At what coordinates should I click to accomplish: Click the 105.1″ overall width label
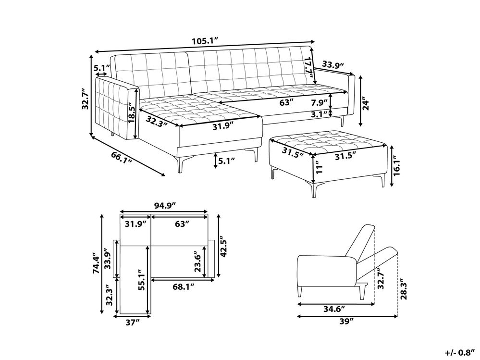coord(205,41)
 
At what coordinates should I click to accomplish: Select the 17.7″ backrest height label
coord(311,70)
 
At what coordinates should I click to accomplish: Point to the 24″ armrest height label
coord(366,103)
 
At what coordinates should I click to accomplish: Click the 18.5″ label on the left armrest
coord(132,114)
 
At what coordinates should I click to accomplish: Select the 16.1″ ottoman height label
coord(397,166)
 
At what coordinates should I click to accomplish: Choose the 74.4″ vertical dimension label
coord(97,263)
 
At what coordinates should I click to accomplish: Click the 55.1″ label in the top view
coord(141,280)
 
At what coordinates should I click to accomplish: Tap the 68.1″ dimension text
coord(184,286)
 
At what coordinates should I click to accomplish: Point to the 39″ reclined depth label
coord(346,321)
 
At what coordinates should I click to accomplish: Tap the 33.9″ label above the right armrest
coord(333,65)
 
